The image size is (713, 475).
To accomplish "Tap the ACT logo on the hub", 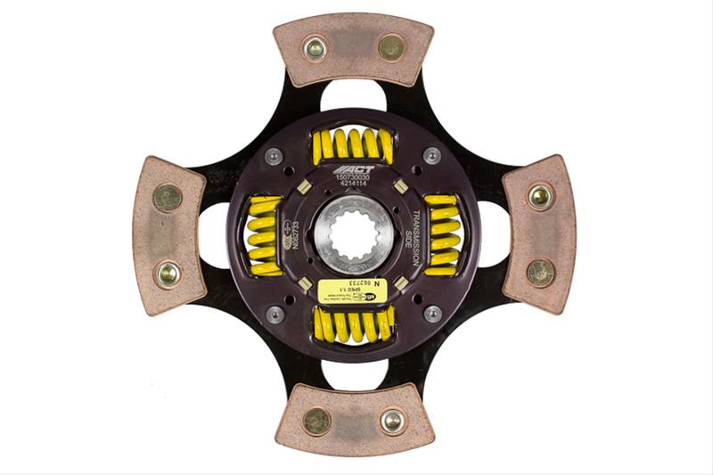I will [x=354, y=169].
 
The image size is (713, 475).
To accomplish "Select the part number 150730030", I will [x=354, y=178].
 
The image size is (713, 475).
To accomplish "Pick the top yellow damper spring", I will [x=353, y=144].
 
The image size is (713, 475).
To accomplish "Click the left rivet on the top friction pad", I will [x=315, y=47].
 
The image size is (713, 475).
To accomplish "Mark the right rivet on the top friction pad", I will [x=391, y=47].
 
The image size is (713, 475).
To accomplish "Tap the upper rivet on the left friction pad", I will [x=167, y=198].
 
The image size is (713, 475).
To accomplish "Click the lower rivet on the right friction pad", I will [x=540, y=273].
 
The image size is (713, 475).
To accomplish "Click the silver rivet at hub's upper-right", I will [x=432, y=155].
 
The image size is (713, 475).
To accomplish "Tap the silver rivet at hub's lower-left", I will [x=275, y=314].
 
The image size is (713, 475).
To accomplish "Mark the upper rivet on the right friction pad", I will [x=540, y=196].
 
